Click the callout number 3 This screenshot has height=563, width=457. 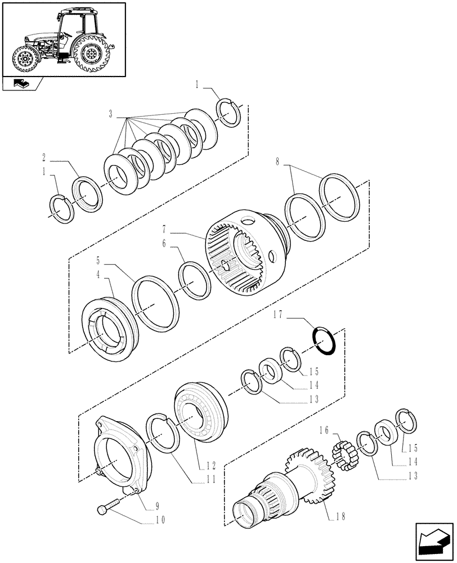click(x=111, y=114)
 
